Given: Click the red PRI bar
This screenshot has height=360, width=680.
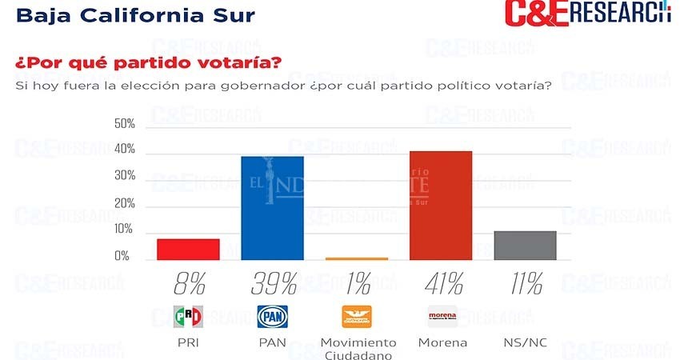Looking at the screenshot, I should [x=188, y=249].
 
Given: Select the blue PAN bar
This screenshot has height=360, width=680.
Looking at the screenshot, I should [x=272, y=208].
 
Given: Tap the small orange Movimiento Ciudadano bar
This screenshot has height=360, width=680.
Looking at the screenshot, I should [x=357, y=258].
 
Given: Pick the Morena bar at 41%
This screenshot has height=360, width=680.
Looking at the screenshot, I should [x=441, y=206].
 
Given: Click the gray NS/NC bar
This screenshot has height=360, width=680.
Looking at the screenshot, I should [x=525, y=245].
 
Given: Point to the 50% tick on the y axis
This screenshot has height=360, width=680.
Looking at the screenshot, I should [x=125, y=124].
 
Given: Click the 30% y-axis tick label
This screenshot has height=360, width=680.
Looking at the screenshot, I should [x=125, y=177].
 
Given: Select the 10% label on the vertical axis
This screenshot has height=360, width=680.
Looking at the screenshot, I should [x=125, y=230].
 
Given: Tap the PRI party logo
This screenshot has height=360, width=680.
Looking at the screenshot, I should [x=188, y=317].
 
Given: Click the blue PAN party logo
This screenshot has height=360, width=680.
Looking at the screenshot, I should [x=272, y=317].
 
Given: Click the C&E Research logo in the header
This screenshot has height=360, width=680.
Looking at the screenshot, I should [x=587, y=14].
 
